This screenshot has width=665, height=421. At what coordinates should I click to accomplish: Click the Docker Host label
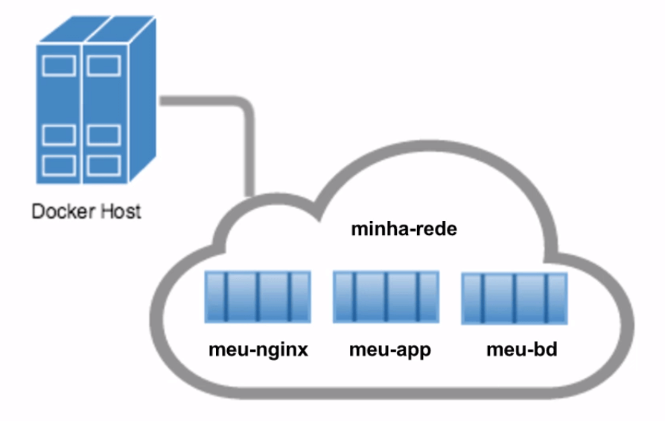[x=86, y=211]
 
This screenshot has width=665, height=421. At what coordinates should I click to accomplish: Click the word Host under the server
[x=121, y=211]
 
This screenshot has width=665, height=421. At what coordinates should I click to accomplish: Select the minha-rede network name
[x=404, y=229]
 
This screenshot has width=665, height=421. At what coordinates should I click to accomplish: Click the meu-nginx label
[x=258, y=350]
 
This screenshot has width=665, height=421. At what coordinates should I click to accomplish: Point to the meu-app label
[x=390, y=350]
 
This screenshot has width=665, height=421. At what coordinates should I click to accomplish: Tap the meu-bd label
[x=522, y=350]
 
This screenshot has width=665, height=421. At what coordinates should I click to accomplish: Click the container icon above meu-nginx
[x=258, y=297]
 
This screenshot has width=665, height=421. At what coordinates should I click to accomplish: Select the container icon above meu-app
[x=386, y=297]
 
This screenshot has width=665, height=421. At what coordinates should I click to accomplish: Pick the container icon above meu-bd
[x=515, y=298]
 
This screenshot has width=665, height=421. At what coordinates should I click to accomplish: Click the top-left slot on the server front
[x=59, y=65]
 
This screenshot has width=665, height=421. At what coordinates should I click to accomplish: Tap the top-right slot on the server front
[x=104, y=65]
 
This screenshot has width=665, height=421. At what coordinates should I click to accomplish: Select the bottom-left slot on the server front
[x=59, y=166]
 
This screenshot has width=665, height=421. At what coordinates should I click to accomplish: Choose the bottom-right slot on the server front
[x=104, y=166]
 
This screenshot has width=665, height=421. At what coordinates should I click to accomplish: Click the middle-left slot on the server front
[x=59, y=135]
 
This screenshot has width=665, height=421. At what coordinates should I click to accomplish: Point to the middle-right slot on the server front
[x=104, y=135]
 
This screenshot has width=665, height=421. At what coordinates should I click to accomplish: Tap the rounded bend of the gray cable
[x=245, y=106]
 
